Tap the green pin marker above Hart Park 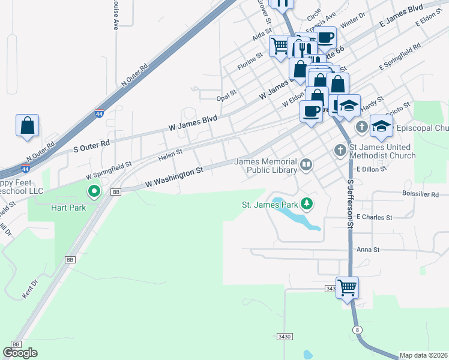point(94,192)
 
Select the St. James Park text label point(270,205)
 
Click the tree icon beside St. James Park point(307,204)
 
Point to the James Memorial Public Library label point(266,166)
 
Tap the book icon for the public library point(306,164)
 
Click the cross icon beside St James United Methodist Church point(340,150)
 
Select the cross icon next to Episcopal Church point(362,127)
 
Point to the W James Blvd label point(193,122)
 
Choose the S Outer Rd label point(91,145)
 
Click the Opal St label point(227,95)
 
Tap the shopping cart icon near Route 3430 point(348,288)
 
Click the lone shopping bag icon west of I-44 point(28,126)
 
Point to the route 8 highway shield point(358,330)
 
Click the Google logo point(20,353)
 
